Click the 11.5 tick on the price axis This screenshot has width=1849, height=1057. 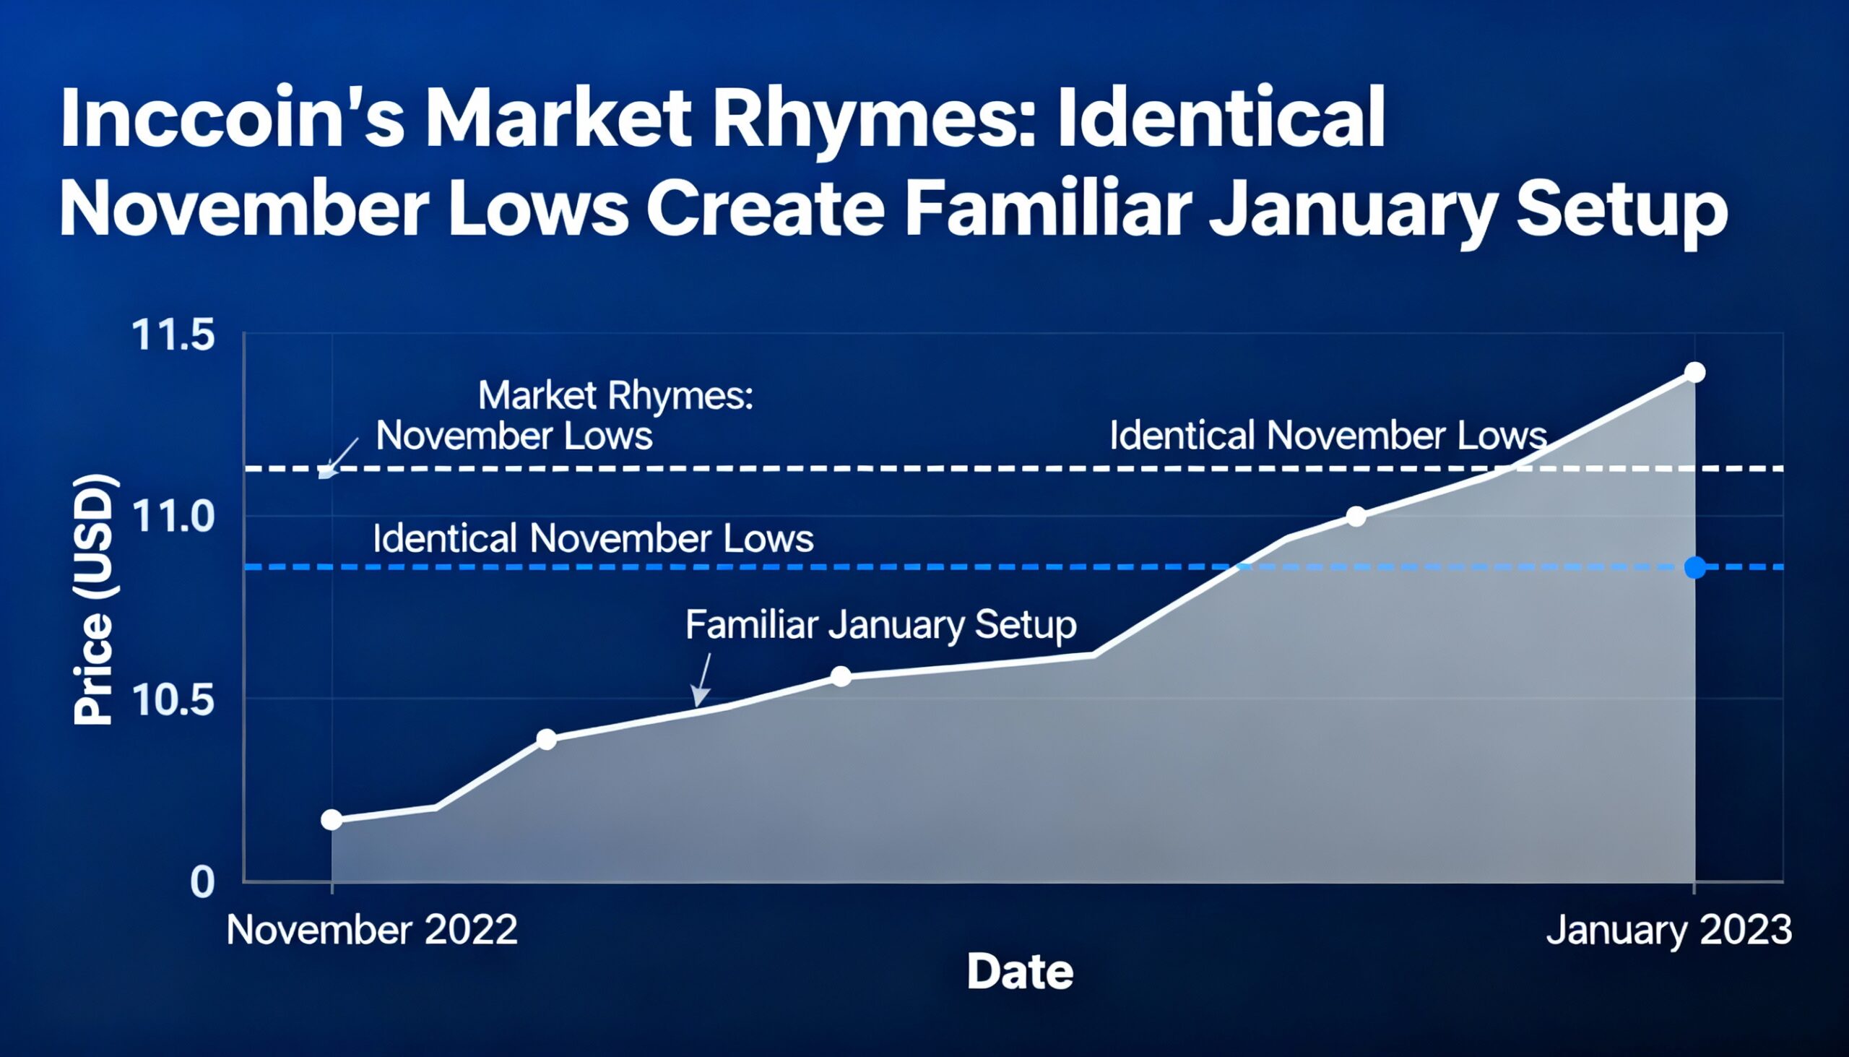pyautogui.click(x=173, y=336)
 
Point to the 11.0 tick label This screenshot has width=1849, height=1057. pyautogui.click(x=173, y=517)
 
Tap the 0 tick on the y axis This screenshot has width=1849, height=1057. pyautogui.click(x=202, y=882)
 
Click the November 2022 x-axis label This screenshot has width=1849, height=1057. pyautogui.click(x=371, y=930)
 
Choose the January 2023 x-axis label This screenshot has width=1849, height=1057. pyautogui.click(x=1668, y=930)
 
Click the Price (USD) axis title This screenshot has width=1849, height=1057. pyautogui.click(x=95, y=599)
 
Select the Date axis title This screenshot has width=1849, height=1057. pyautogui.click(x=1020, y=972)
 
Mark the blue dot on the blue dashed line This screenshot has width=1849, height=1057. pyautogui.click(x=1695, y=567)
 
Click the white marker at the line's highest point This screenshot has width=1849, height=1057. pyautogui.click(x=1695, y=372)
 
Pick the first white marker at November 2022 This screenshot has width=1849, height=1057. pyautogui.click(x=332, y=819)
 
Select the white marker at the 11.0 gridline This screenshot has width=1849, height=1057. pyautogui.click(x=1356, y=517)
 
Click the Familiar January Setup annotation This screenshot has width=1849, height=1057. pyautogui.click(x=880, y=625)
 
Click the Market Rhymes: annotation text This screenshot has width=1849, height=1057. pyautogui.click(x=615, y=397)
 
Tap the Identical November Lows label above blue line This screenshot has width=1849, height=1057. pyautogui.click(x=593, y=540)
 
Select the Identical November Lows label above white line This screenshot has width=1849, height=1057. pyautogui.click(x=1328, y=436)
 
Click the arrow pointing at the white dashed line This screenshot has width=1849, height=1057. pyautogui.click(x=339, y=457)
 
